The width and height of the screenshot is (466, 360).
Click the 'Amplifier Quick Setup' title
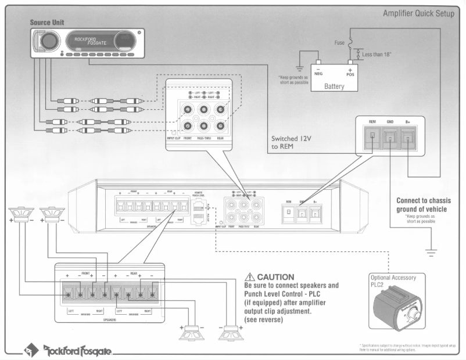coord(418,14)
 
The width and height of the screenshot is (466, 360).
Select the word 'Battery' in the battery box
coord(334,87)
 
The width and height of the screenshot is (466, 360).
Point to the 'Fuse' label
coord(339,43)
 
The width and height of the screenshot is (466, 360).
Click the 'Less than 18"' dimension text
coord(377,54)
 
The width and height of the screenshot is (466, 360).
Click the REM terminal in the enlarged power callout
coord(372,139)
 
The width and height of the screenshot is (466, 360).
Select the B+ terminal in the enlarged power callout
coord(409,139)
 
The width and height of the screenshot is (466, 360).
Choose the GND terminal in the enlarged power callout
coord(390,139)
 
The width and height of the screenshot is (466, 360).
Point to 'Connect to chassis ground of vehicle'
coord(424,204)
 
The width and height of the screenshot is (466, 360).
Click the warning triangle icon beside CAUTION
coord(250,277)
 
